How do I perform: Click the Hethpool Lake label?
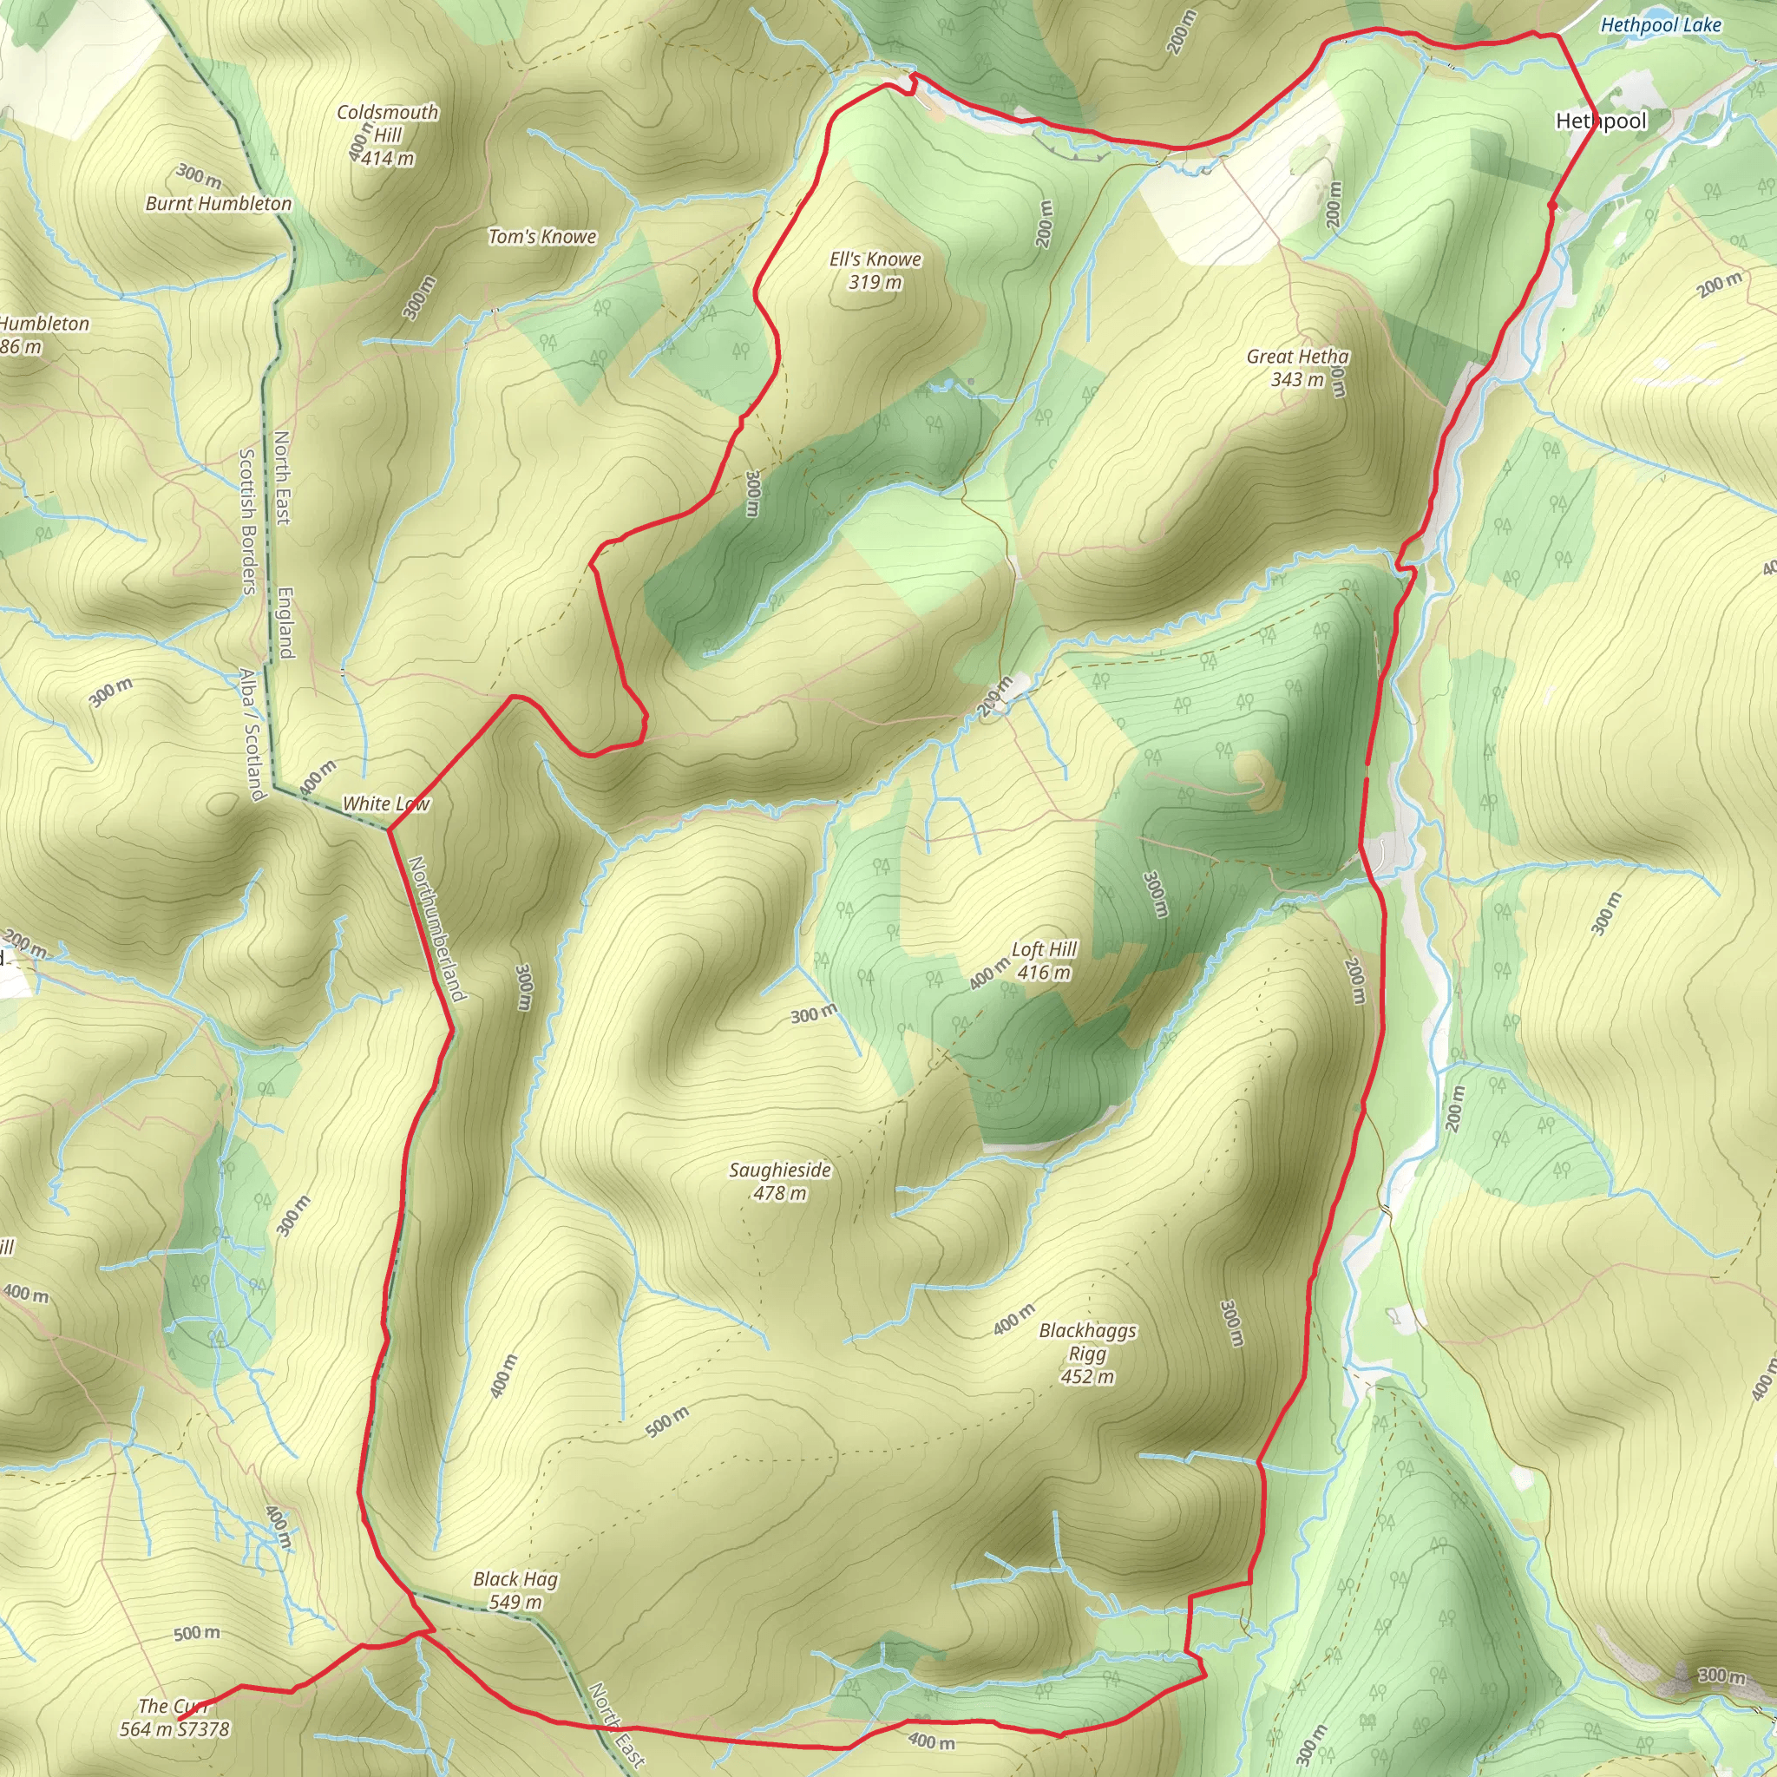point(1660,25)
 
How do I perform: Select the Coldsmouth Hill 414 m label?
point(387,135)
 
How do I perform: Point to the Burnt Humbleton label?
point(218,203)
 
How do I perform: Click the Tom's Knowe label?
point(541,236)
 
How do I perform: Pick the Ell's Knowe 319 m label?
point(875,271)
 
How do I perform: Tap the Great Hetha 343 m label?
point(1298,367)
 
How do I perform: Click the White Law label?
point(385,803)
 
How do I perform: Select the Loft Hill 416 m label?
point(1044,961)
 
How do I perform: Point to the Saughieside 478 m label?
point(780,1181)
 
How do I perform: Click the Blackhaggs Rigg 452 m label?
point(1087,1353)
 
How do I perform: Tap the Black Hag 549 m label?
point(515,1590)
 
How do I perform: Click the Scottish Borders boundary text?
point(247,521)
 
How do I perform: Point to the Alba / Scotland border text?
point(251,733)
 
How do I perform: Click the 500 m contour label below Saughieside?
point(667,1422)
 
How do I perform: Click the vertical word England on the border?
point(286,623)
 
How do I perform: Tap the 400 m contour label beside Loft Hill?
point(989,974)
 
